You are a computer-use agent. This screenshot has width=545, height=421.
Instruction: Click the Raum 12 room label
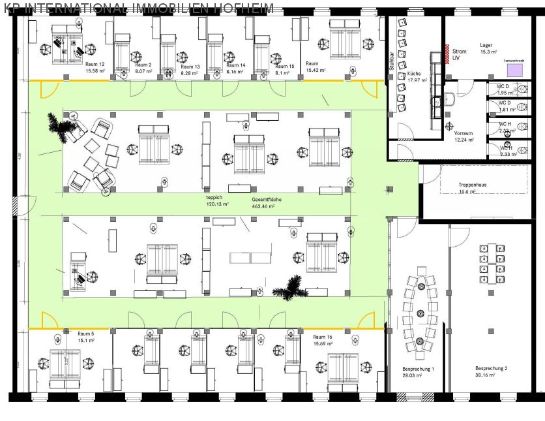[95, 65]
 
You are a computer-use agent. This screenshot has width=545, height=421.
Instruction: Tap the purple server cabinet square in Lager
[514, 69]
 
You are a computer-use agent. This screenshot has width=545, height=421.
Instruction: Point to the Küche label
[415, 74]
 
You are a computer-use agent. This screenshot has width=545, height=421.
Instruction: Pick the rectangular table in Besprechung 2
[492, 265]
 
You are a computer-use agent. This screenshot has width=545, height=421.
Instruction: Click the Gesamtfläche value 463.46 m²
[263, 206]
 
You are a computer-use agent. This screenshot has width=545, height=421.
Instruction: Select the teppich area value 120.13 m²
[217, 204]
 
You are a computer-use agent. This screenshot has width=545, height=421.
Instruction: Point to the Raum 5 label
[86, 333]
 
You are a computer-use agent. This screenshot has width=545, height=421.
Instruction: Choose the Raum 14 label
[235, 65]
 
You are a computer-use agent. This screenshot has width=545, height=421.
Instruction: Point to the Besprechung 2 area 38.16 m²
[485, 375]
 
